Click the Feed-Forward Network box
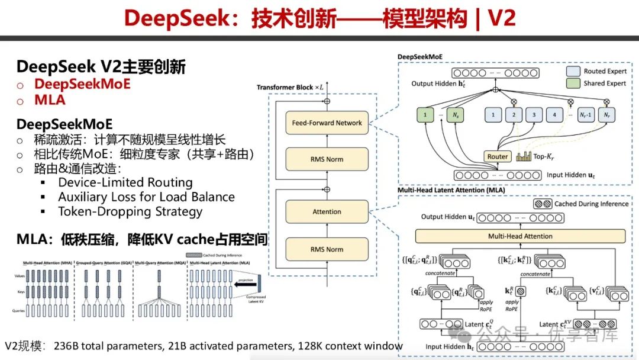pyautogui.click(x=327, y=123)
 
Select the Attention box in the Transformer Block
pyautogui.click(x=327, y=211)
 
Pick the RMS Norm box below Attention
pyautogui.click(x=327, y=249)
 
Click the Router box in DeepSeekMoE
pyautogui.click(x=498, y=156)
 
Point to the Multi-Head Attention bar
pyautogui.click(x=520, y=236)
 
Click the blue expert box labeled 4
pyautogui.click(x=554, y=114)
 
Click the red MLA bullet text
pyautogui.click(x=50, y=100)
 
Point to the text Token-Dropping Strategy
pyautogui.click(x=130, y=211)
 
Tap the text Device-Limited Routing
pyautogui.click(x=125, y=182)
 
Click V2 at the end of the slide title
pyautogui.click(x=501, y=18)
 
